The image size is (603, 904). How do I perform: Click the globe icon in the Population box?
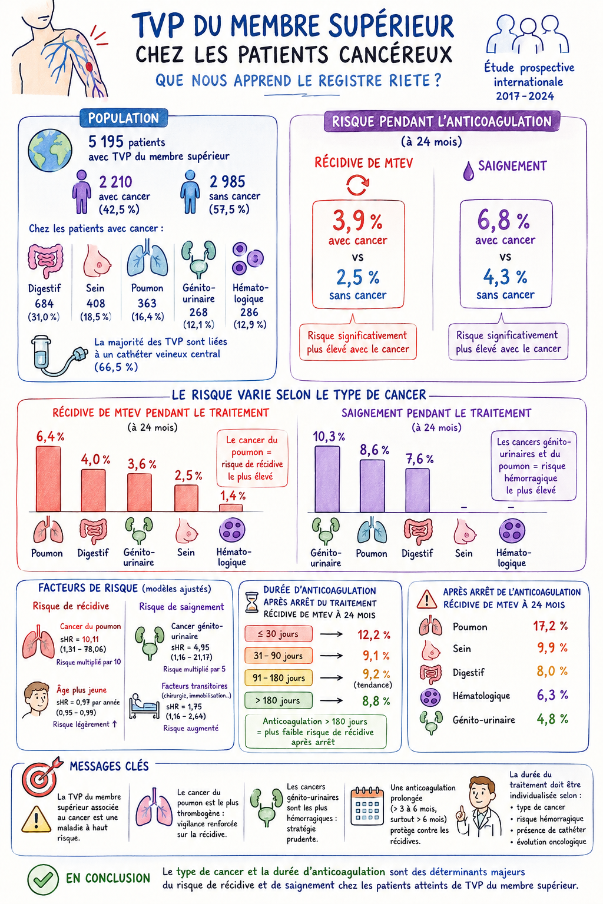(49, 151)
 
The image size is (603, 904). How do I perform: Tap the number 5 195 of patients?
(106, 142)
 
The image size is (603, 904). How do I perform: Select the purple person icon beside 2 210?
(82, 191)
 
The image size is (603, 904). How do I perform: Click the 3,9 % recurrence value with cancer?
(357, 221)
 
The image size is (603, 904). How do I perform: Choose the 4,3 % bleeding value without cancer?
(505, 277)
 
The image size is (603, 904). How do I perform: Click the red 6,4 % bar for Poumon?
(48, 478)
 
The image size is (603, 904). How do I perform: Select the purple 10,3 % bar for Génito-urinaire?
(327, 479)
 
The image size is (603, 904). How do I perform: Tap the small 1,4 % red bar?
(231, 508)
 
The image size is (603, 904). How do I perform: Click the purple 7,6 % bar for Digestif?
(418, 490)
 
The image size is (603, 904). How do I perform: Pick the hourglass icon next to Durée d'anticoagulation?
(252, 603)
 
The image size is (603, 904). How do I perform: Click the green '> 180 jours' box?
(279, 700)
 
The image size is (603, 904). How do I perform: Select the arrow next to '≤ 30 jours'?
(331, 634)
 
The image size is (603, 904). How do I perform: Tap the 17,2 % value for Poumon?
(550, 626)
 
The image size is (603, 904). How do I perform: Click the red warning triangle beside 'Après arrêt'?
(426, 599)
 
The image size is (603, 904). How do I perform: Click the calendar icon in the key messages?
(367, 806)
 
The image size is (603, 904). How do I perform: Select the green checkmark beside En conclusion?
(43, 879)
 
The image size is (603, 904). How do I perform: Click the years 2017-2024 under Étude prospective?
(525, 96)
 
